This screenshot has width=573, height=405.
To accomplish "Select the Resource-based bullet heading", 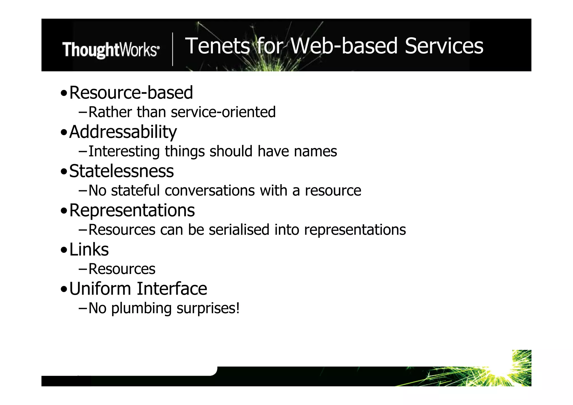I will [x=131, y=93].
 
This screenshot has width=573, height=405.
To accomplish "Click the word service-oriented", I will [x=223, y=112].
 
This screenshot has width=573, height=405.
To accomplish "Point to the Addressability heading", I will [x=123, y=132].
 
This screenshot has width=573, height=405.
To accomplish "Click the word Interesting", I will [x=124, y=151].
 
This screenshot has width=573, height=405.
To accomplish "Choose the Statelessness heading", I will [x=121, y=171].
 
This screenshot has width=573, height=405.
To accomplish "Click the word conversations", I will [x=210, y=191].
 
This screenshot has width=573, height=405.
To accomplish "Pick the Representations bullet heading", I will [x=132, y=210].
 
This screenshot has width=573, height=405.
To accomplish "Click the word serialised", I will [x=239, y=230].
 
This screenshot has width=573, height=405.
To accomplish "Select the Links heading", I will [x=89, y=249].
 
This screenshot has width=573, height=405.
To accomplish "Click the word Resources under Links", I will [x=122, y=269].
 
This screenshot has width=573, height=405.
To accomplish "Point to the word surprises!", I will [x=208, y=308].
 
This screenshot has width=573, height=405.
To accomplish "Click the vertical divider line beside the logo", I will [x=173, y=49].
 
